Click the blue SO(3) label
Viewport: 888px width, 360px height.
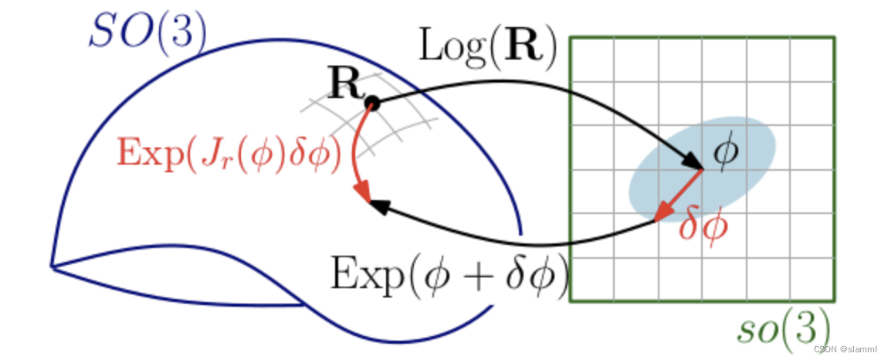click(x=147, y=31)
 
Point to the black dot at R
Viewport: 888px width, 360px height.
click(x=371, y=103)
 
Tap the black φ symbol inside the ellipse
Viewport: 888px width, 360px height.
click(x=725, y=152)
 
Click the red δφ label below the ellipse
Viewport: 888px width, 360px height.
click(x=702, y=225)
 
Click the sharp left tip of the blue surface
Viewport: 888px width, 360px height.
click(x=53, y=267)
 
